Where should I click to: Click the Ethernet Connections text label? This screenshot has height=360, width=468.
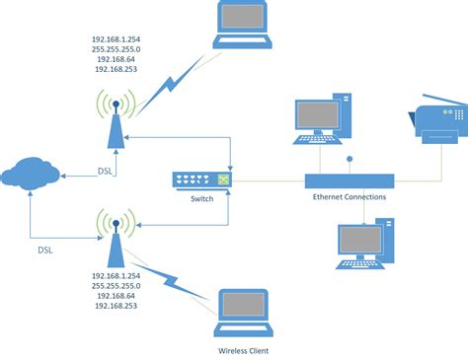[x=349, y=197]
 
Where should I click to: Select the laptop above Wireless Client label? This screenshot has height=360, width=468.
[x=243, y=308]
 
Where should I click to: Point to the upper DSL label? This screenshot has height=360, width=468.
[x=108, y=170]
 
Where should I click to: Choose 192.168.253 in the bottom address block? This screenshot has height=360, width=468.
[x=117, y=307]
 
